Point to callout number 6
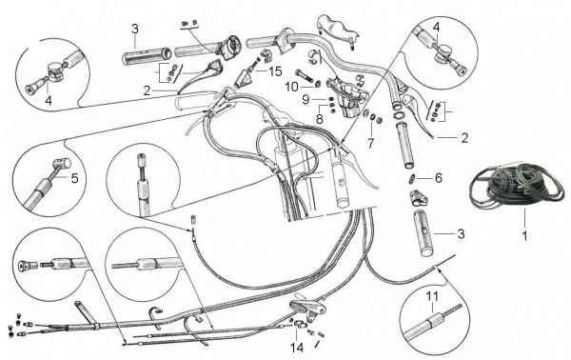(x=439, y=177)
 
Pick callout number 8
(x=321, y=119)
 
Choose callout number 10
(x=293, y=86)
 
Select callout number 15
(x=275, y=71)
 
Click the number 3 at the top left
(x=135, y=28)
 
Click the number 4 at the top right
(x=436, y=26)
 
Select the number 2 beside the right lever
(x=463, y=137)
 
